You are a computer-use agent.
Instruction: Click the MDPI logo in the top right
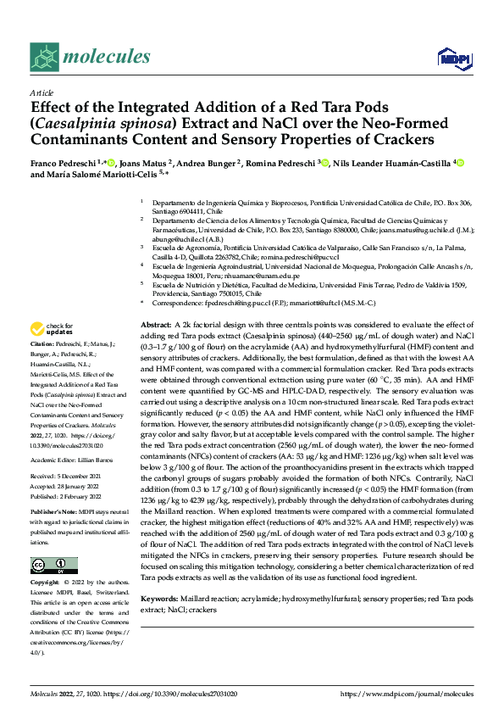(449, 58)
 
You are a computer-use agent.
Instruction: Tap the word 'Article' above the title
(42, 93)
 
